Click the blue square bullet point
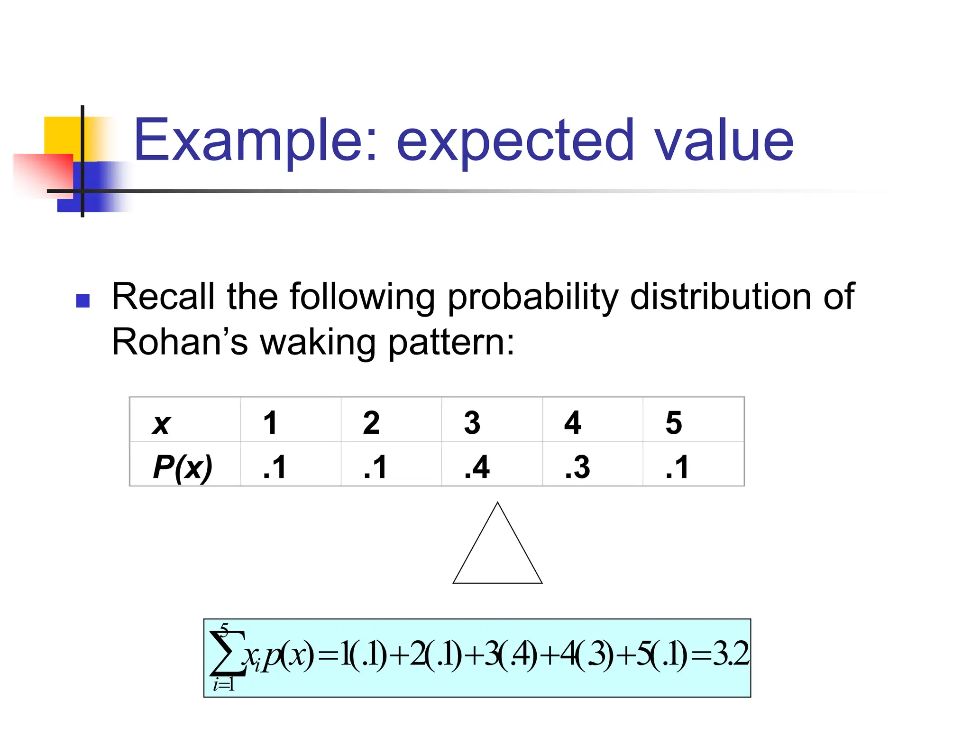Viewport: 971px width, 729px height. coord(83,301)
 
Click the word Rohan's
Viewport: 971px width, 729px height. coord(180,342)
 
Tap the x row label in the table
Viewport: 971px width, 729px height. coord(161,423)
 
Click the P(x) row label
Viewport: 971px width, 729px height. coord(183,467)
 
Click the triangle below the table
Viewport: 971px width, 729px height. coord(497,551)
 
